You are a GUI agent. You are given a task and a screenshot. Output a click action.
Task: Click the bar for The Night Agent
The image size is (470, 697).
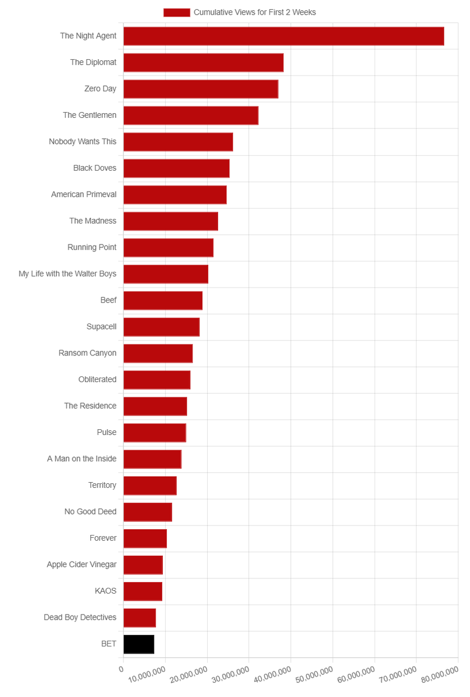[x=284, y=36]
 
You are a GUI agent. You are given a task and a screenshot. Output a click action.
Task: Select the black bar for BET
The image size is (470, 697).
[x=138, y=644]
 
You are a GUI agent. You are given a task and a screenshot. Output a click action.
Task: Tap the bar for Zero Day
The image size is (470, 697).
[x=201, y=89]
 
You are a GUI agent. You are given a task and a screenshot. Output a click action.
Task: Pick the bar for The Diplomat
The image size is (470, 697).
[x=204, y=63]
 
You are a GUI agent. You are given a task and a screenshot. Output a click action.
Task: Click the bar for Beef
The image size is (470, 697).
[x=163, y=301]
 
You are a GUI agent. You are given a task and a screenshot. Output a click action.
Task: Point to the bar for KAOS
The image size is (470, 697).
[x=143, y=591]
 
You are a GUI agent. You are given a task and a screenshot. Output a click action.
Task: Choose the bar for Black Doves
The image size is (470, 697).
[x=176, y=168]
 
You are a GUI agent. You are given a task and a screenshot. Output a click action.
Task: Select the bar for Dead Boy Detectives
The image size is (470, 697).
[x=140, y=617]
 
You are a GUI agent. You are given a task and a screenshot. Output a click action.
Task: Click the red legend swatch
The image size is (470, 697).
[x=177, y=12]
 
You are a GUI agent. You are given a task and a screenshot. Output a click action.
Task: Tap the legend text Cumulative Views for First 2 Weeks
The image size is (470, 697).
[x=255, y=12]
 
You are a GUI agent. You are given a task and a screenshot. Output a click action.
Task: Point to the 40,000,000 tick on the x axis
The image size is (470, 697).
[x=273, y=674]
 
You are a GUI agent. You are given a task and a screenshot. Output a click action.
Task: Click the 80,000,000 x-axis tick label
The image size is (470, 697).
[x=440, y=674]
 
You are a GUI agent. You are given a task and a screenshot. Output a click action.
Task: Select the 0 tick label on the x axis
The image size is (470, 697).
[x=121, y=669]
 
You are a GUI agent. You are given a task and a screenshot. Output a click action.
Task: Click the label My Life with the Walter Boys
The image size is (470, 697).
[x=67, y=274]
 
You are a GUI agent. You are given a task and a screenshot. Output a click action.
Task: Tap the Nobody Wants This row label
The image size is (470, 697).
[x=83, y=142]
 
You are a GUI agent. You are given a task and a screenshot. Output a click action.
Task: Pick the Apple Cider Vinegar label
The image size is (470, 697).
[x=81, y=565]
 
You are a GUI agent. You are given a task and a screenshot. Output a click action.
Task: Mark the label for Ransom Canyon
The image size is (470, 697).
[x=87, y=353]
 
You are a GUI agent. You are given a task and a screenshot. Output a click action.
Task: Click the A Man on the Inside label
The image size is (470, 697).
[x=81, y=459]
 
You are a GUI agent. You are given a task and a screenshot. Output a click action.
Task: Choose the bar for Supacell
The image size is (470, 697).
[x=162, y=327]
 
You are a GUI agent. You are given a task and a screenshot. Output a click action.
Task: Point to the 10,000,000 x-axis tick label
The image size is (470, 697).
[x=147, y=674]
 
